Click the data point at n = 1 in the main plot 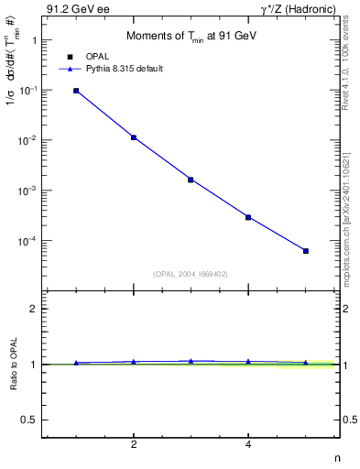76,91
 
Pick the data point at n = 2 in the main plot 134,137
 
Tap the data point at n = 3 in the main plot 191,180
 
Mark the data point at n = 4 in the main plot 248,217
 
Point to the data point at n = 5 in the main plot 306,250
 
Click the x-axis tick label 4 248,445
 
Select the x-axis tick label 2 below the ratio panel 134,445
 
